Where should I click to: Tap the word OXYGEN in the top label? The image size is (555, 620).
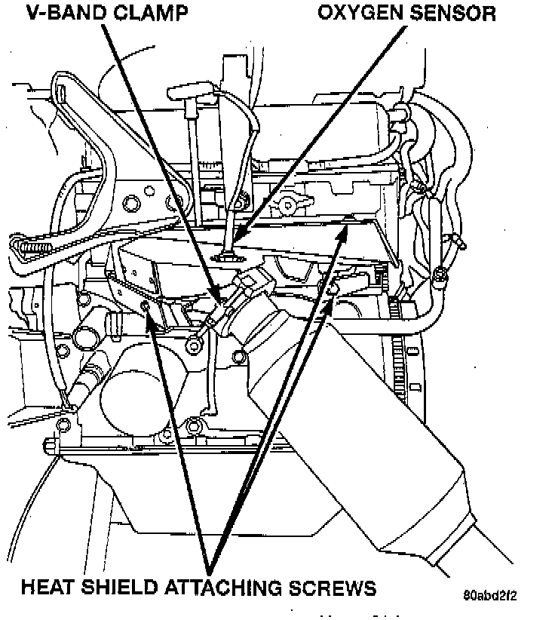[x=361, y=13]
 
